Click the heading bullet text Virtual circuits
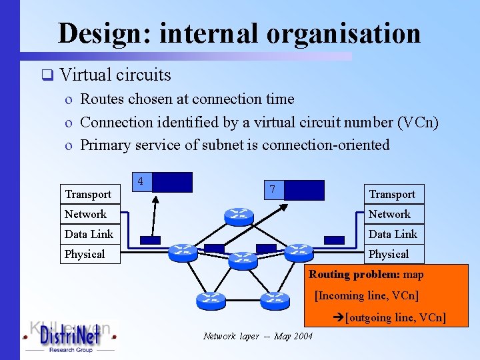coord(115,75)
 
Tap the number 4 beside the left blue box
coord(140,181)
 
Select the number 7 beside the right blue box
coord(272,189)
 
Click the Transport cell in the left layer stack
coord(88,194)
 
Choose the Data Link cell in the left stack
coord(89,234)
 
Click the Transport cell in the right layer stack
coord(392,194)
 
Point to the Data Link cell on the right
coord(393,234)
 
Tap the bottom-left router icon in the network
coord(211,301)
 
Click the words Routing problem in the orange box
coord(344,275)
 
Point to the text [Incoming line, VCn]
coord(366,295)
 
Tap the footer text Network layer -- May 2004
coord(257,336)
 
